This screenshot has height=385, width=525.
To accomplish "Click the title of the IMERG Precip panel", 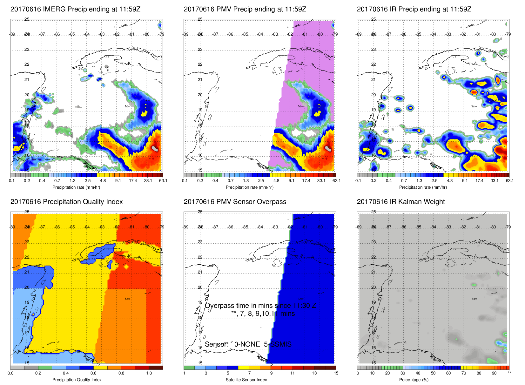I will tap(75, 9).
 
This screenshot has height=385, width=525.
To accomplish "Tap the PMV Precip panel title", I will tap(245, 9).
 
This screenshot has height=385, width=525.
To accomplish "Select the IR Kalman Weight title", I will tap(401, 202).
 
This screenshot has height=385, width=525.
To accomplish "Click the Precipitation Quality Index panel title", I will tap(66, 202).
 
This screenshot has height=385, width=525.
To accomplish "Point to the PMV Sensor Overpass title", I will tap(235, 202).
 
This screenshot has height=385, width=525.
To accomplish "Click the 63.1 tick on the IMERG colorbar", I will tap(163, 181).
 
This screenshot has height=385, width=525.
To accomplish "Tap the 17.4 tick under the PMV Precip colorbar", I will tap(306, 181).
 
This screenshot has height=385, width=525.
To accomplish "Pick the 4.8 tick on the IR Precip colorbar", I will tap(450, 181).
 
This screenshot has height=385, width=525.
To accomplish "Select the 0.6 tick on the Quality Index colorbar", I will tap(93, 373).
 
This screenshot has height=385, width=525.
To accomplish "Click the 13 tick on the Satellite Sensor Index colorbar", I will tap(314, 373).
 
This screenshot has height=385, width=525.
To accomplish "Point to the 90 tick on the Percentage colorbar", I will tap(494, 373).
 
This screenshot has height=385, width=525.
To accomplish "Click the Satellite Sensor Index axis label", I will tap(246, 380).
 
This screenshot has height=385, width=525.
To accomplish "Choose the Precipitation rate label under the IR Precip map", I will tap(423, 187).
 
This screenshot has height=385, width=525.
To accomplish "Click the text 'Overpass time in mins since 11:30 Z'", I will tap(260, 306).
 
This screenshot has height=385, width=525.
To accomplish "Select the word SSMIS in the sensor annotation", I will tap(281, 344).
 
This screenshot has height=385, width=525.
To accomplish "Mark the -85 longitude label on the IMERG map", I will tap(72, 34).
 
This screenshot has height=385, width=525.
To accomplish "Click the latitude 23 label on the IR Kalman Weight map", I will tap(374, 242).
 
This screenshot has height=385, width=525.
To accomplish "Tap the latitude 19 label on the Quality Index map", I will tap(27, 302).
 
